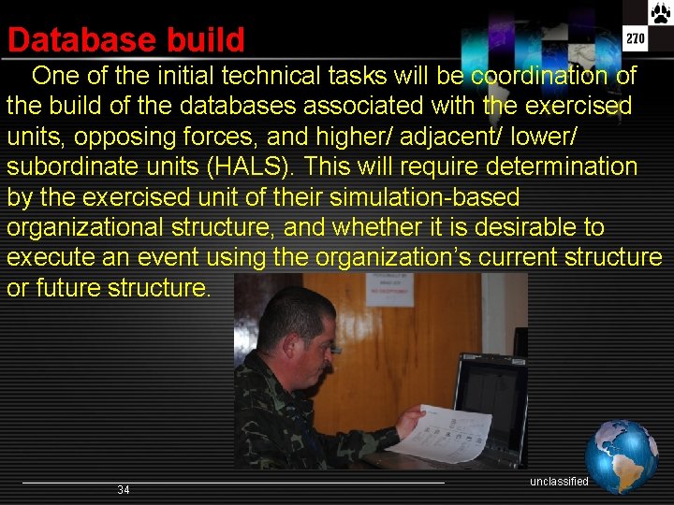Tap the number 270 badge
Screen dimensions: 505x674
636,39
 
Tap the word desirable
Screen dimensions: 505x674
532,227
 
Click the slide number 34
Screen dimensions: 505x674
124,490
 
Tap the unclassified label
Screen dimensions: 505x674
559,482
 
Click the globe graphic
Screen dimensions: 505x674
622,456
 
